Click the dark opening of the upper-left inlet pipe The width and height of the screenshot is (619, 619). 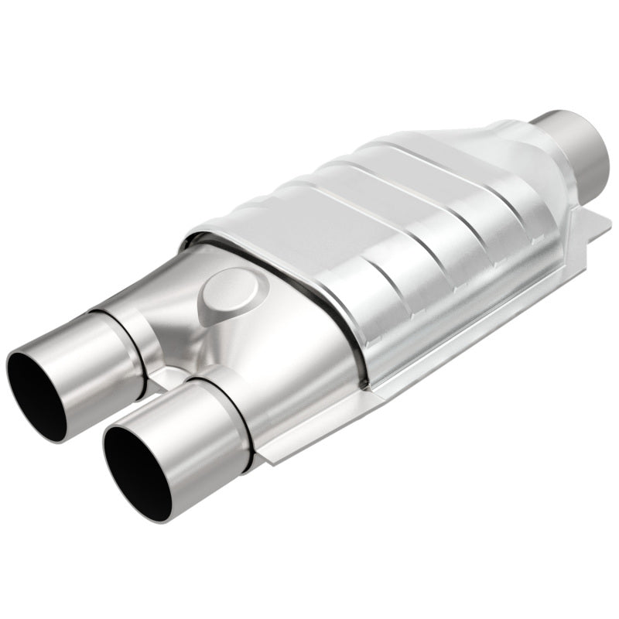(36, 391)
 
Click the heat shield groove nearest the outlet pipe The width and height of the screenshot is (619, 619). (472, 193)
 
